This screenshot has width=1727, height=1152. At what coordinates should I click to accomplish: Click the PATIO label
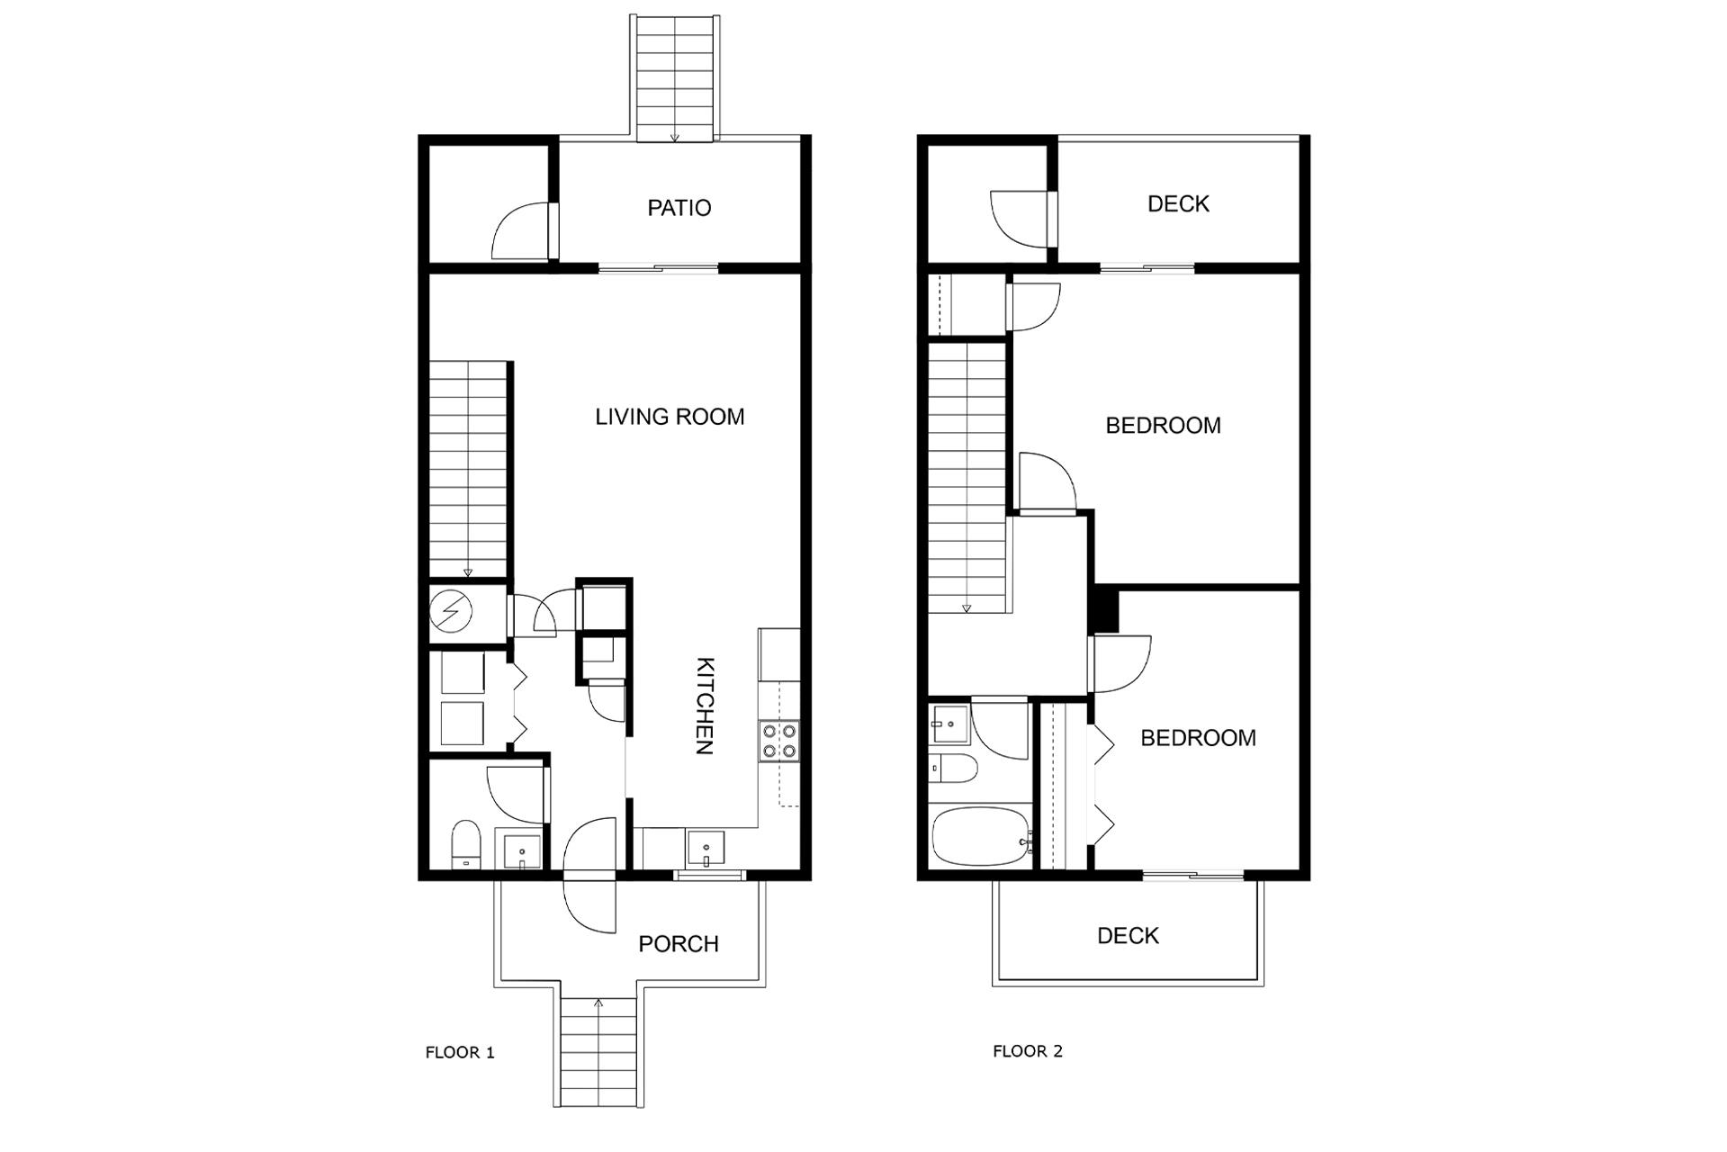click(679, 208)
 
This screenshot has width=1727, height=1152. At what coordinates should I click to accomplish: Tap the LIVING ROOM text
click(670, 417)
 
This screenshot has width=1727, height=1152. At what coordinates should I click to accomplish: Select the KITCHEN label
click(706, 706)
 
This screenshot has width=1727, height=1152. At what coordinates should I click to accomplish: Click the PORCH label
click(679, 944)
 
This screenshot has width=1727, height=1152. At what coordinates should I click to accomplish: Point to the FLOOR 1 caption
click(460, 1052)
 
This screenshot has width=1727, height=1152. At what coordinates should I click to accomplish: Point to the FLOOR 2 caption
click(1028, 1051)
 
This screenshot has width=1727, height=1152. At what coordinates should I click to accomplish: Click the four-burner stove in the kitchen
click(779, 741)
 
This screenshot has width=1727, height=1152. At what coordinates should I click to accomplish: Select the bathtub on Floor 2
click(981, 836)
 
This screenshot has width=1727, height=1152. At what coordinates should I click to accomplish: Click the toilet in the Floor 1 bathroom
click(465, 842)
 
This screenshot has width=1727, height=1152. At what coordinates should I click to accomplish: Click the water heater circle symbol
click(450, 612)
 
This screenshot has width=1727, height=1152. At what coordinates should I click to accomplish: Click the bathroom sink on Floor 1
click(522, 850)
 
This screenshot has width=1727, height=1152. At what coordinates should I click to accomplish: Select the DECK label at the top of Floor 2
click(1178, 204)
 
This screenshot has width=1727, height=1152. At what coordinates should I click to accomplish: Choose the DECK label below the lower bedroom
click(1128, 936)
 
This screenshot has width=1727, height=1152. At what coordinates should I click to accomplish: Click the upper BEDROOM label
click(1163, 426)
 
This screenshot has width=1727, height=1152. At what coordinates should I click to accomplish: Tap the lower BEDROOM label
click(1198, 738)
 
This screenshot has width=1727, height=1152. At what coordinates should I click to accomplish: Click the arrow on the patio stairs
click(675, 138)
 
